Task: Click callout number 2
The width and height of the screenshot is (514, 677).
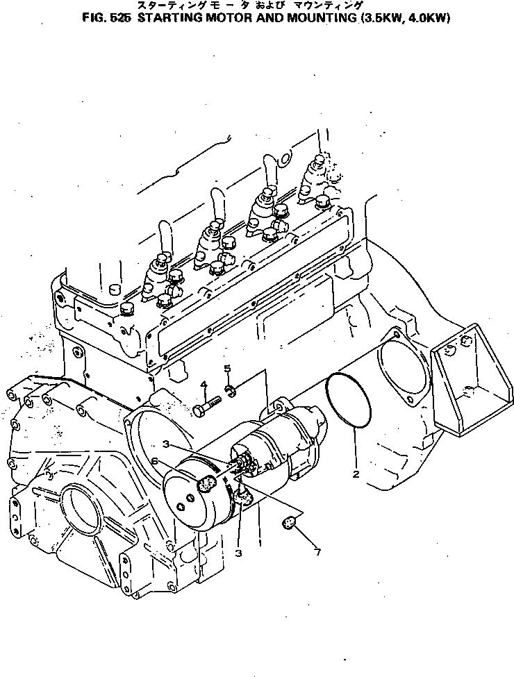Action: (356, 475)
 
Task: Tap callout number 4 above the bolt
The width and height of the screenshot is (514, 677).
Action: (204, 385)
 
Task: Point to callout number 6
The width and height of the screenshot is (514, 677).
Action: (156, 462)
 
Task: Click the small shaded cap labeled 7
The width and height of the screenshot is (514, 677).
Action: (290, 522)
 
